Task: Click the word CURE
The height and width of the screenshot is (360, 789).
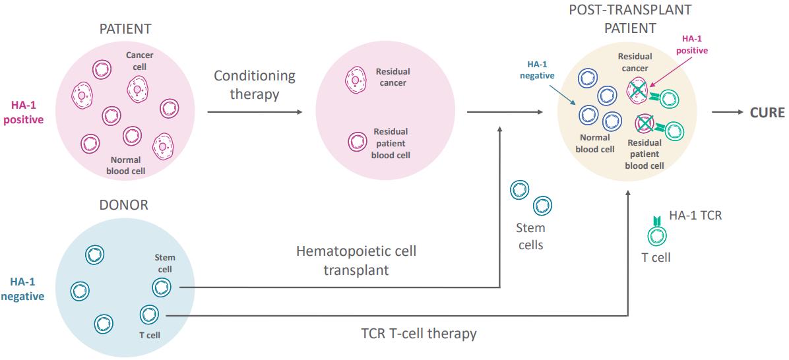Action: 767,113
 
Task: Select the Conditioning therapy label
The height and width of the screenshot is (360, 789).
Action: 255,84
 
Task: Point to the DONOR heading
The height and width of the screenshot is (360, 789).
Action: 124,205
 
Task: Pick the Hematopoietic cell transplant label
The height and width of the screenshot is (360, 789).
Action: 356,261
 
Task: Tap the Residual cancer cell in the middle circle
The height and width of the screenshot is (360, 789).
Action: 354,81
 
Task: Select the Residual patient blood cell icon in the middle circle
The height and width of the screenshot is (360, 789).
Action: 358,142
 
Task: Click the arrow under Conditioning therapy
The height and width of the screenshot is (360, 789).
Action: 255,113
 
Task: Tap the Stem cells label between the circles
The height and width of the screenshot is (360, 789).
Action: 531,236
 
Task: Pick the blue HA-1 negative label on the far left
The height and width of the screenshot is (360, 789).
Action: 22,287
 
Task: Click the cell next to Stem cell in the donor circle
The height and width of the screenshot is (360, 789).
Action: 161,287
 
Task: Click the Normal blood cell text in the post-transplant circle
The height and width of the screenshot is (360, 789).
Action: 595,143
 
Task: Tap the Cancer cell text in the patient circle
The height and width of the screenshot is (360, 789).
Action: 140,61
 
